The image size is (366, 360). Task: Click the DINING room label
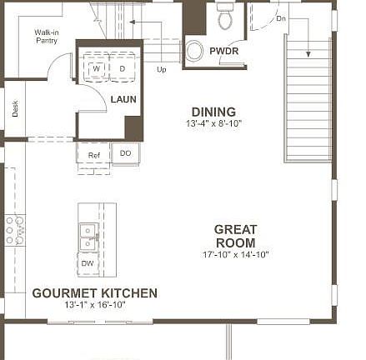click(x=213, y=112)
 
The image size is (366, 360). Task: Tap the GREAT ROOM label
click(x=235, y=235)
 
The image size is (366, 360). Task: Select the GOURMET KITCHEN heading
click(x=94, y=293)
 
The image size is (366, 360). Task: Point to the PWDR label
click(x=224, y=52)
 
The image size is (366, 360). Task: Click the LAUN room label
click(x=123, y=99)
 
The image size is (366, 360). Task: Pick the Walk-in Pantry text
click(x=46, y=37)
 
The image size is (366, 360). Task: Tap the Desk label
click(x=15, y=107)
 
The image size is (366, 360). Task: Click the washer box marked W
click(x=97, y=67)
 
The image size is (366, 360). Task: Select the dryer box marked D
click(x=123, y=67)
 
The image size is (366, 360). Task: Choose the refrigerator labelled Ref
click(x=94, y=155)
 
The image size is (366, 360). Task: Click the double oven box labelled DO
click(x=125, y=154)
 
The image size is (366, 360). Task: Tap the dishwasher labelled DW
click(x=88, y=263)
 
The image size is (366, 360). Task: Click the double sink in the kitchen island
click(x=88, y=237)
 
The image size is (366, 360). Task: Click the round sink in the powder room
click(x=194, y=52)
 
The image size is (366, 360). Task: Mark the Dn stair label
click(x=280, y=17)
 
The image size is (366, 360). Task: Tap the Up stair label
click(x=162, y=70)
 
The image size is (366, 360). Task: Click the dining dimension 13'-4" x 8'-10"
click(x=213, y=123)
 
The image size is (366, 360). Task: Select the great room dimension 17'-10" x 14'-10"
click(x=235, y=254)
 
